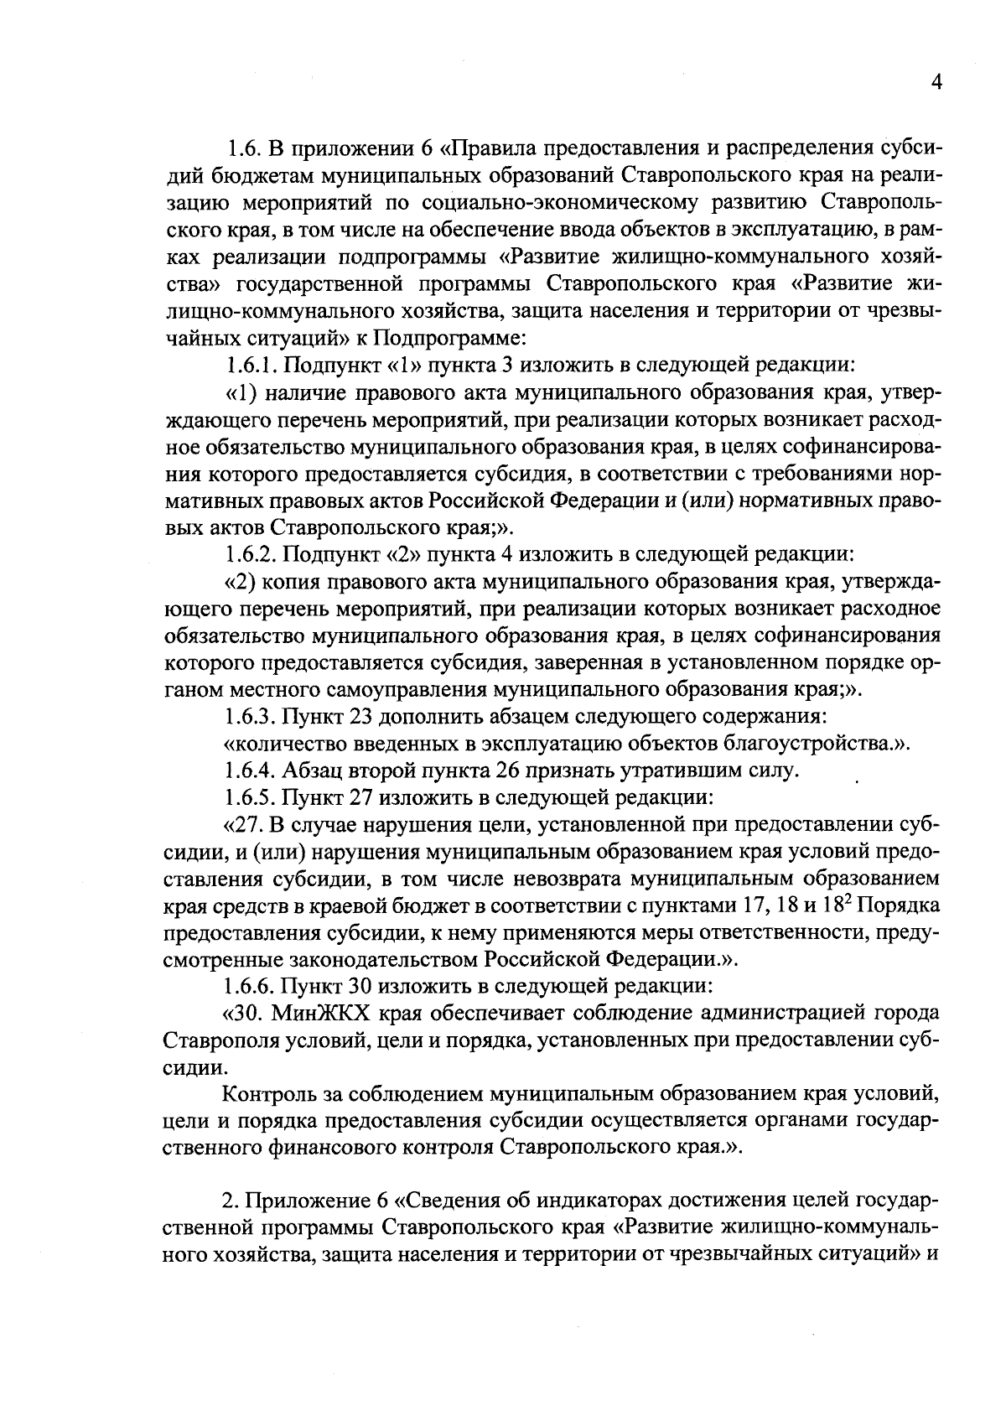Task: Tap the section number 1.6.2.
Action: [x=252, y=555]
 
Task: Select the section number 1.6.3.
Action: [x=252, y=718]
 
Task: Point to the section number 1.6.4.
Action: [x=252, y=770]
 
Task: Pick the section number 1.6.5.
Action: [x=252, y=797]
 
